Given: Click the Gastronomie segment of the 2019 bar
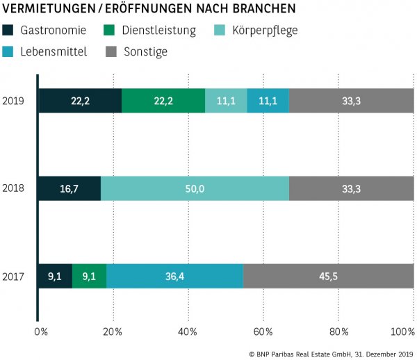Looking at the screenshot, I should [x=80, y=101].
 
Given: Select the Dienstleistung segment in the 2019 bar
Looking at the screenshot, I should [x=163, y=101].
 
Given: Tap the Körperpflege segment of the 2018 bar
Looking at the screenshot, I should [x=195, y=188].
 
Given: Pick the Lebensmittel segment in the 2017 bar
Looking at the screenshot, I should [x=174, y=276].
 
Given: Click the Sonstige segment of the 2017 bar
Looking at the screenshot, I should [x=328, y=276].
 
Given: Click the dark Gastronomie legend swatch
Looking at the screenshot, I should [x=9, y=31].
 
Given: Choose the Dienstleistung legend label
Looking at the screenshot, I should [x=158, y=31].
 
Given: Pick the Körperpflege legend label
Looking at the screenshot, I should [x=266, y=31].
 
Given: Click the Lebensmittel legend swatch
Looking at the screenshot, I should [x=9, y=51].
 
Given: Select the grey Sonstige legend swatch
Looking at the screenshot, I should [x=111, y=51].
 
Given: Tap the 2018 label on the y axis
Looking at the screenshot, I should [x=13, y=188].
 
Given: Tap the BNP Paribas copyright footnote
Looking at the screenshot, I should [x=331, y=353].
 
